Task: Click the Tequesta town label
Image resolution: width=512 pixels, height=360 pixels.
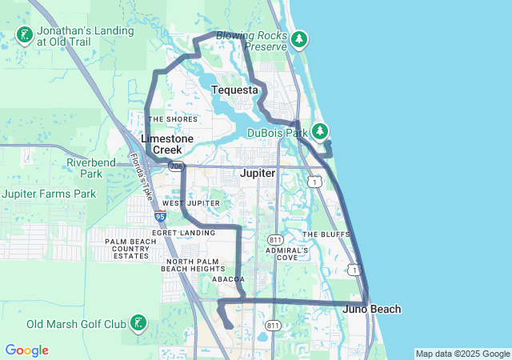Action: pyautogui.click(x=235, y=90)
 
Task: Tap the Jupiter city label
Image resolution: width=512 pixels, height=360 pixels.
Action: pyautogui.click(x=258, y=173)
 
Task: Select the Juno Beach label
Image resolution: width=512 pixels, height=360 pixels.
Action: pyautogui.click(x=372, y=309)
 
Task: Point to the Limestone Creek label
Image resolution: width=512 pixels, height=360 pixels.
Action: pyautogui.click(x=167, y=144)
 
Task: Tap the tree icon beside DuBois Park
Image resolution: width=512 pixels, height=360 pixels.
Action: pyautogui.click(x=320, y=131)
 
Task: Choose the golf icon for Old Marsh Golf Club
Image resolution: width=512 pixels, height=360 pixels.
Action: pyautogui.click(x=139, y=324)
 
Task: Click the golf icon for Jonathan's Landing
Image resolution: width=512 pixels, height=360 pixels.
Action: pyautogui.click(x=25, y=34)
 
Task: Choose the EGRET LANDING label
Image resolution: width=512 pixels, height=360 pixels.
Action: pyautogui.click(x=188, y=233)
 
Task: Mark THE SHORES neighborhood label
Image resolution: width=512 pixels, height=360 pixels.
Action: pyautogui.click(x=173, y=119)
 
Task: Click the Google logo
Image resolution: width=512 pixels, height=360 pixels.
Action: pyautogui.click(x=26, y=350)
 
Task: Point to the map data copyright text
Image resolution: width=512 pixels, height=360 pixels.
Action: pyautogui.click(x=462, y=354)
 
